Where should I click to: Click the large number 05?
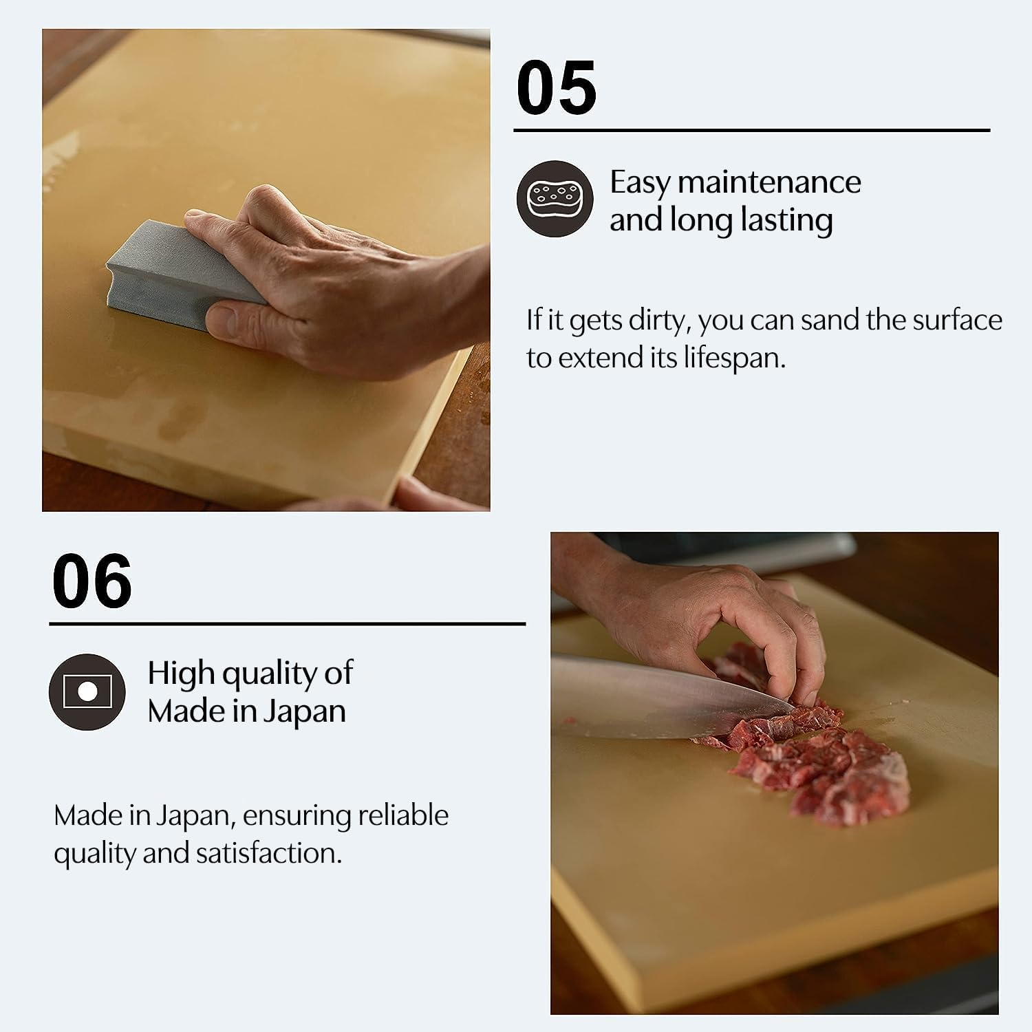pos(556,88)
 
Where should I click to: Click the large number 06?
pos(92,581)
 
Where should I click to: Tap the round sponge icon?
pos(555,199)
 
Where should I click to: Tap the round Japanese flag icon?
pos(87,691)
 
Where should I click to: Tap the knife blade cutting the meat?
pos(660,695)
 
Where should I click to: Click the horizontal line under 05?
pos(751,130)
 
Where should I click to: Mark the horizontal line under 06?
pos(287,624)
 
